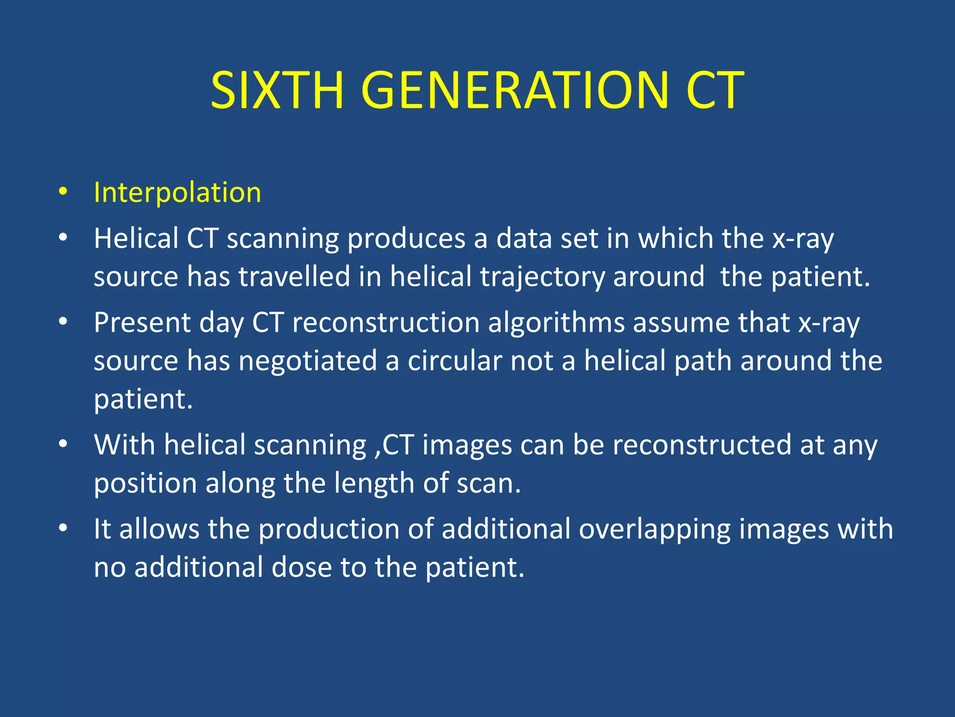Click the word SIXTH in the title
277,91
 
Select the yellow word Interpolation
177,192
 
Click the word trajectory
543,277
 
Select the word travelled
294,276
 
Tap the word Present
142,323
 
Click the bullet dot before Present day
63,322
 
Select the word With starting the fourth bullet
124,444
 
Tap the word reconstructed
702,444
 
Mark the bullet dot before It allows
63,528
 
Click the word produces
407,239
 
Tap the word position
145,483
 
